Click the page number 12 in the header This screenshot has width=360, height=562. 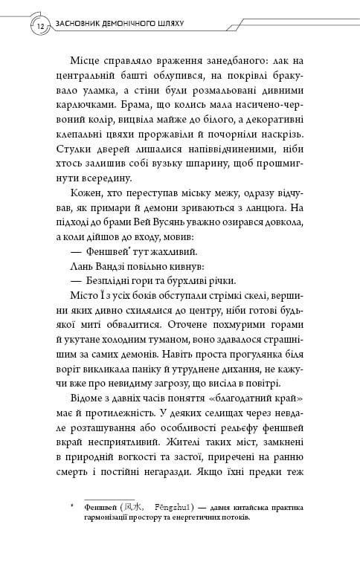tap(39, 27)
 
